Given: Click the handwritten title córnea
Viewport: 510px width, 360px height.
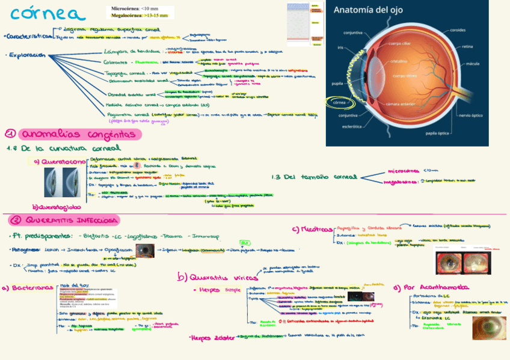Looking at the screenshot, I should (x=38, y=13).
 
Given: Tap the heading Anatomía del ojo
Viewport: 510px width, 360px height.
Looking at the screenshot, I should (x=369, y=10).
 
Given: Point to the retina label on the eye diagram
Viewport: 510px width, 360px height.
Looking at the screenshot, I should (x=467, y=46).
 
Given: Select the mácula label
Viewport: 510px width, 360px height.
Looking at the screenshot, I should (x=473, y=63).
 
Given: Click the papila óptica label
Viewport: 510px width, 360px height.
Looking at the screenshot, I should (x=438, y=133).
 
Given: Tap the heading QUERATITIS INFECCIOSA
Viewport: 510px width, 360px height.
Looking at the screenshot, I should (x=72, y=220).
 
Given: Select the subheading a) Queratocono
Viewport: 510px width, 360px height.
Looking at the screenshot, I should (x=54, y=162).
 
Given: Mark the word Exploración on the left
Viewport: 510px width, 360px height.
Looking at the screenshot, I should (x=26, y=55).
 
